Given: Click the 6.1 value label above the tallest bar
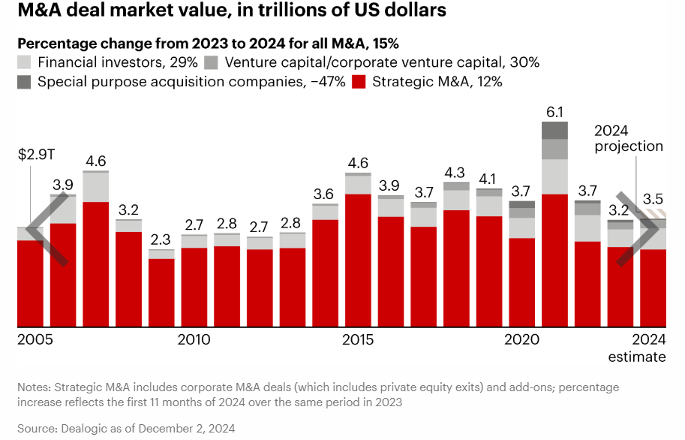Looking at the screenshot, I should pyautogui.click(x=554, y=113).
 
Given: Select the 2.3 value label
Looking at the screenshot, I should pyautogui.click(x=161, y=240).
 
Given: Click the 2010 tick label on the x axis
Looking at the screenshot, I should pyautogui.click(x=194, y=339).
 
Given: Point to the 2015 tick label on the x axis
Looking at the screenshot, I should pyautogui.click(x=358, y=339).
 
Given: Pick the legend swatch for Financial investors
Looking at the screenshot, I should pyautogui.click(x=24, y=62).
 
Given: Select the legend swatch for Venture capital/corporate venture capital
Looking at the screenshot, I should pyautogui.click(x=212, y=62).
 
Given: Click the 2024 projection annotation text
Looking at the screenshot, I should pyautogui.click(x=629, y=138).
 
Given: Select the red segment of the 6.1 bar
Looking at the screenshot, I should pyautogui.click(x=554, y=260).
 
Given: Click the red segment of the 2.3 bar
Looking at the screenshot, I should pyautogui.click(x=161, y=293).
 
